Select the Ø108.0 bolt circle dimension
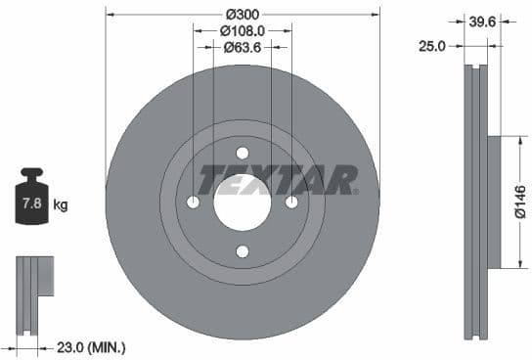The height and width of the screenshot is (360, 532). pos(242,30)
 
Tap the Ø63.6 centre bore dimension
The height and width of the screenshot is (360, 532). pos(242,46)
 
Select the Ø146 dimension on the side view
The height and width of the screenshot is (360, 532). pos(521,202)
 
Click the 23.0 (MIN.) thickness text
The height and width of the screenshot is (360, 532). pos(92,346)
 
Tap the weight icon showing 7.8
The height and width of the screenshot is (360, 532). pos(31,202)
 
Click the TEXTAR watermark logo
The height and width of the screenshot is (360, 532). pos(278,180)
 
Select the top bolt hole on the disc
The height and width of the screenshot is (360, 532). pos(243,153)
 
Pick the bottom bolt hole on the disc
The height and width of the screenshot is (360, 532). pos(243,251)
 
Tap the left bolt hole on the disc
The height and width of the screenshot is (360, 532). pos(193,202)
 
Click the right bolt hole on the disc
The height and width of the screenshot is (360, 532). pos(291,202)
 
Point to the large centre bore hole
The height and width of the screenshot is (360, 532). pos(243,202)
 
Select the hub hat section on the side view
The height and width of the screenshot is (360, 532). pos(494,202)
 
